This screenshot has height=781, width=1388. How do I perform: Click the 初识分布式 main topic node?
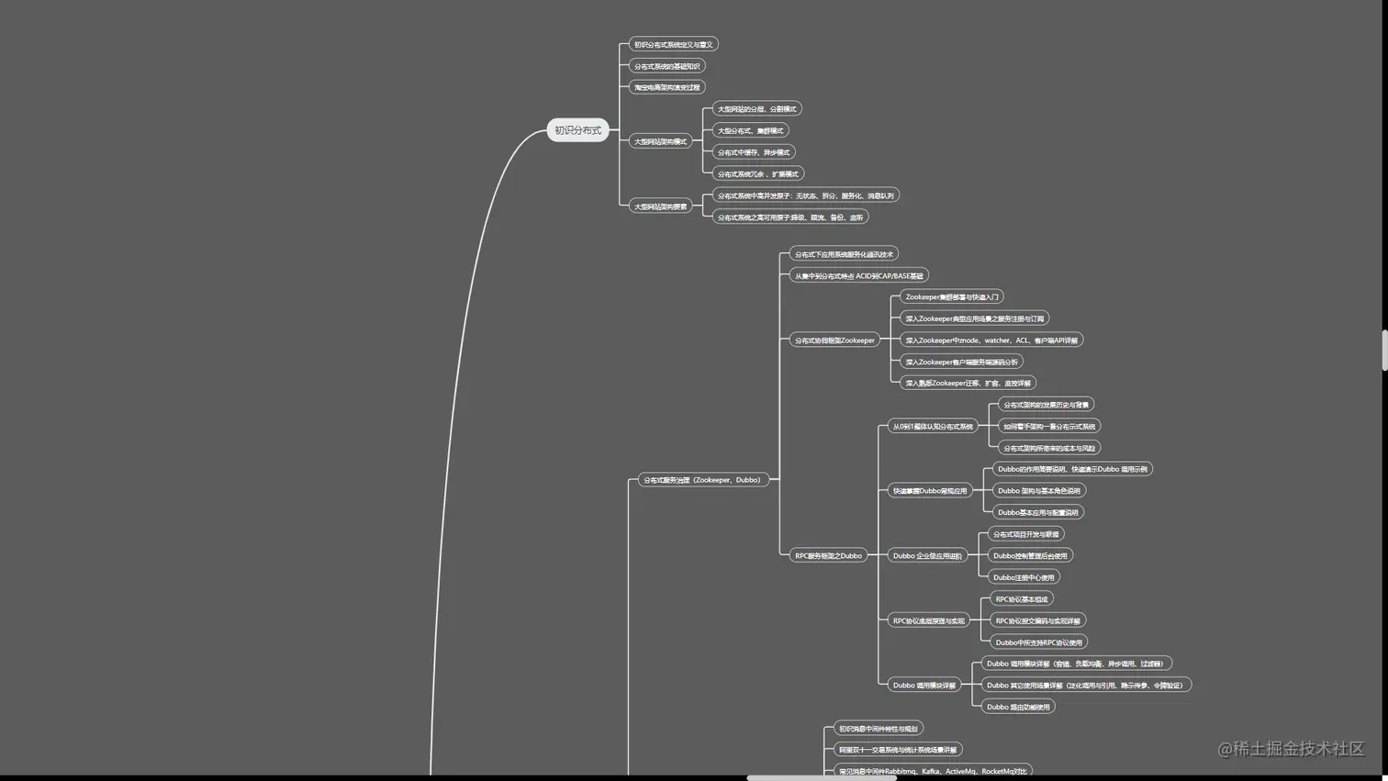577,130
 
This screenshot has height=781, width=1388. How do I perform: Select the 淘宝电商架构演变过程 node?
666,87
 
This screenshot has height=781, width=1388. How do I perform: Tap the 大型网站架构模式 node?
660,141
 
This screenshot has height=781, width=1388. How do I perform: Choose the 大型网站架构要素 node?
660,206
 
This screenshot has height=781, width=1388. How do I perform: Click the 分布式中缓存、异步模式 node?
753,152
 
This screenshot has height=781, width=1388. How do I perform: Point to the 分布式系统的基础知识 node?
666,66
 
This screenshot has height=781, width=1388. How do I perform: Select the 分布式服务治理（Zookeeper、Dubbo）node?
702,480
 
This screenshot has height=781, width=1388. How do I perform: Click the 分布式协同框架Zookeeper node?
834,340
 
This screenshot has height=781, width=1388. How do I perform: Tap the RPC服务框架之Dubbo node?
828,555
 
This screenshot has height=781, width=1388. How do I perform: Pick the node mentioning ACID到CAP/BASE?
858,275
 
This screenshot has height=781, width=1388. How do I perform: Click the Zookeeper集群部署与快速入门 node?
951,297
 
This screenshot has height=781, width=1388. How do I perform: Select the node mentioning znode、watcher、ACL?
991,340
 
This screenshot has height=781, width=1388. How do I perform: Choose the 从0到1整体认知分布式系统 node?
932,427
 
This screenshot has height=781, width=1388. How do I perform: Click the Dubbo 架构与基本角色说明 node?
1038,491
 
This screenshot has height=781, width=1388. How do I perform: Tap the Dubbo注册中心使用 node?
1023,577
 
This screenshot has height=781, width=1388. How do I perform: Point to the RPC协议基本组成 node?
1021,599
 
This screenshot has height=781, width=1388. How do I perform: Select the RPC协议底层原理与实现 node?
928,620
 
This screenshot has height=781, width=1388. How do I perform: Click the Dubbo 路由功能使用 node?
1017,707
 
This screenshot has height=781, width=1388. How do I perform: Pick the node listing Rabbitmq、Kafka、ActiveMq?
932,771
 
